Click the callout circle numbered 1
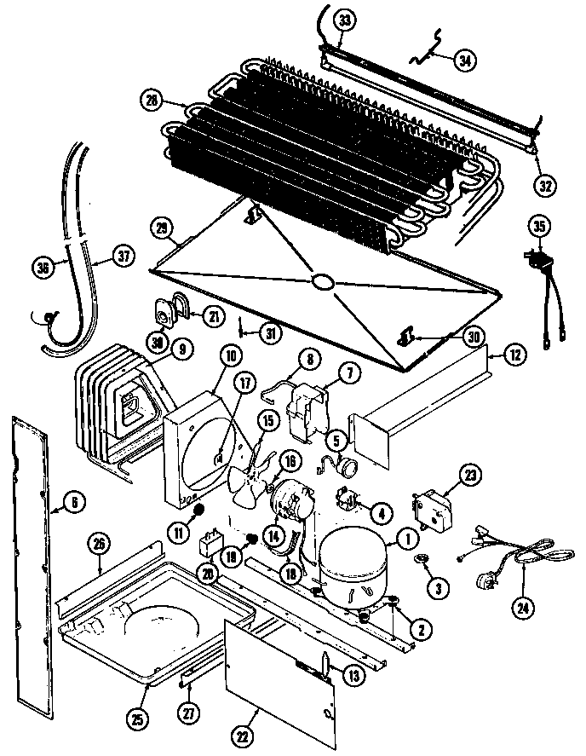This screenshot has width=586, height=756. [x=405, y=537]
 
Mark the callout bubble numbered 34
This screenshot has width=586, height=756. [x=465, y=61]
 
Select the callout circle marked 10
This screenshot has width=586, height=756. [x=208, y=355]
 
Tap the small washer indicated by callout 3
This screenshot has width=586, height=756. [x=421, y=560]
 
